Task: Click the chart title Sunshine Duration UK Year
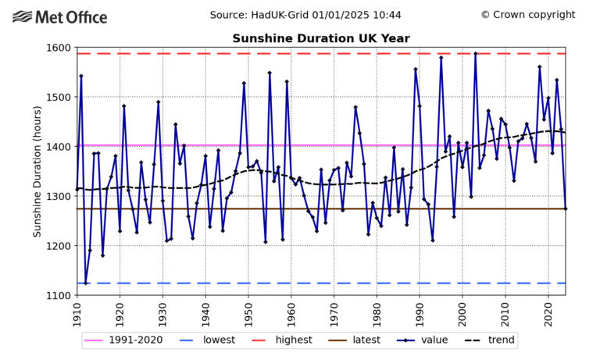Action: (x=321, y=38)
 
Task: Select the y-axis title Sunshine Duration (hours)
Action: (x=37, y=171)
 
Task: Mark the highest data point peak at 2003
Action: (x=475, y=54)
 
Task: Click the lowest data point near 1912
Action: (x=85, y=283)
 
